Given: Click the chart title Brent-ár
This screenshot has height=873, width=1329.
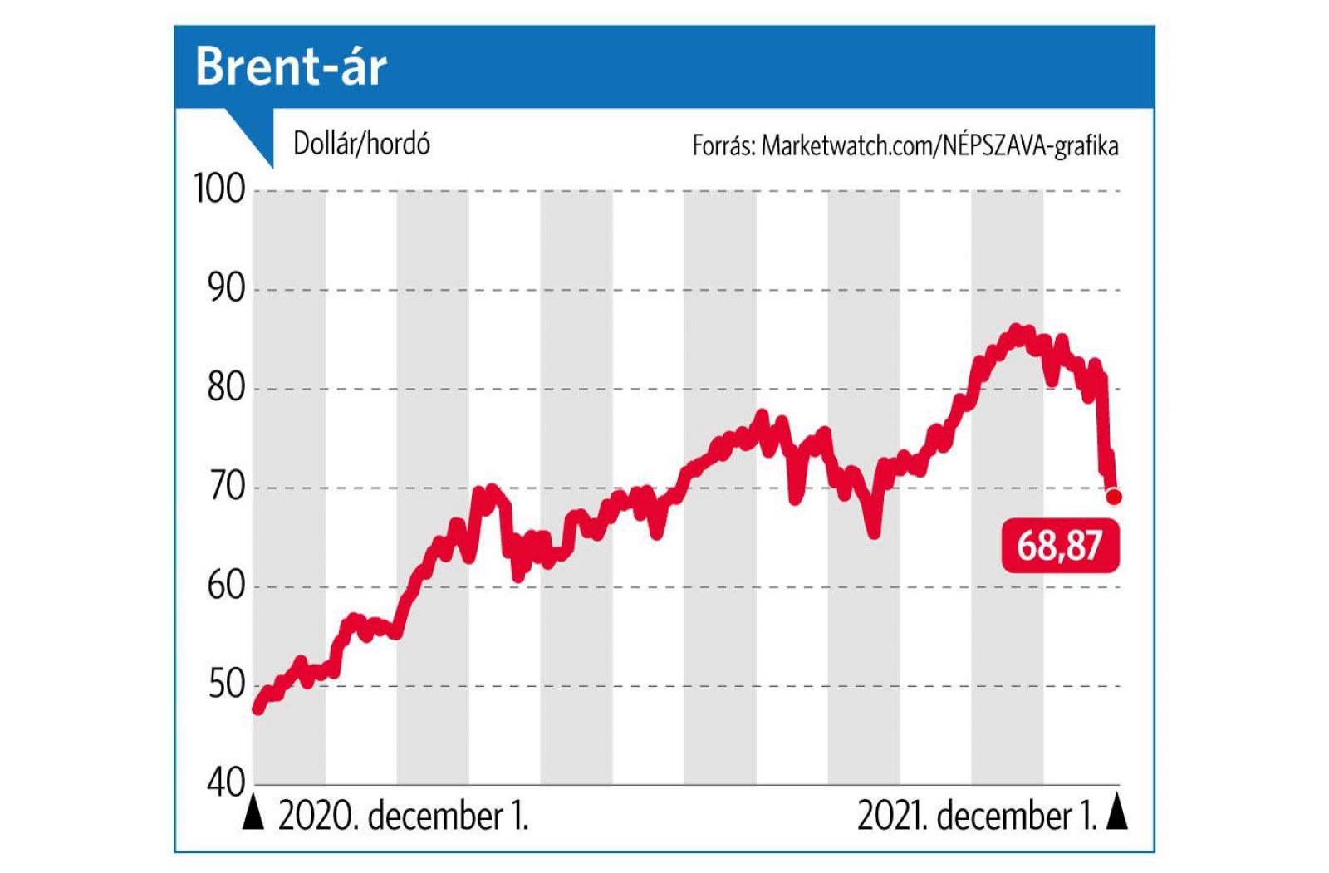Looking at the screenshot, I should point(291,66).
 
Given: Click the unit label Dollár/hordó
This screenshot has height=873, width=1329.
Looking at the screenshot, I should point(361,144).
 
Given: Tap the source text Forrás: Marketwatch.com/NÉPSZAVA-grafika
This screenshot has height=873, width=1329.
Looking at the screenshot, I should point(905,146).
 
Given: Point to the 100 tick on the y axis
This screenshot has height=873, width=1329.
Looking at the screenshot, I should point(220,189).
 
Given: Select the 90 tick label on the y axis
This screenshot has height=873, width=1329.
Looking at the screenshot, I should point(226,289).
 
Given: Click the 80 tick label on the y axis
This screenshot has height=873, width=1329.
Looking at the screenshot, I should point(226,388).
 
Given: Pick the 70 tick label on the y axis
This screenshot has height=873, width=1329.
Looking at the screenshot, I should point(227,487).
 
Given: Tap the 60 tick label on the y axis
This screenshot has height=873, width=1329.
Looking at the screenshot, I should point(226,586).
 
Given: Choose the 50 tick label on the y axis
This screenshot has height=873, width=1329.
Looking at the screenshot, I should point(226,685).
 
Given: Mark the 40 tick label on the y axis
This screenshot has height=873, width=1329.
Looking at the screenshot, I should point(226,782).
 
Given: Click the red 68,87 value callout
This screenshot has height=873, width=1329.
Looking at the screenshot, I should point(1060,546).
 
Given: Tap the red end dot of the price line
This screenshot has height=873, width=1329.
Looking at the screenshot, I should point(1114,497).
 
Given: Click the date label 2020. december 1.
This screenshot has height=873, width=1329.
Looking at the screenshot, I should point(403,817).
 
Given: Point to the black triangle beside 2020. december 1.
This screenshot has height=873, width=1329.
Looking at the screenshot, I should point(253,814).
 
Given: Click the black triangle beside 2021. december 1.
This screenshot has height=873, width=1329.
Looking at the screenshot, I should point(1118,814).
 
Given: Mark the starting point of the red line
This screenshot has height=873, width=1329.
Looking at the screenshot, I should point(258,708).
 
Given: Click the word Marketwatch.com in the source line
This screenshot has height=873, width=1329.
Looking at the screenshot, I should point(848,146).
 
